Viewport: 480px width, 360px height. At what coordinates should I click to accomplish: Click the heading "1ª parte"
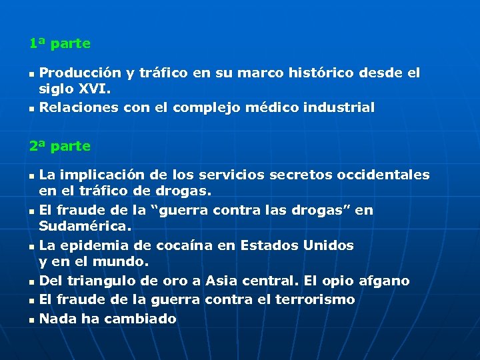click(59, 44)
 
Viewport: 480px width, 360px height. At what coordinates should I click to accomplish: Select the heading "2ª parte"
click(59, 145)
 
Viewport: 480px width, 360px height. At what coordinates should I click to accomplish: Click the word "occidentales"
click(383, 175)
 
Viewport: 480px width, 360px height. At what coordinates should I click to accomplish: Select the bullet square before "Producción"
click(31, 73)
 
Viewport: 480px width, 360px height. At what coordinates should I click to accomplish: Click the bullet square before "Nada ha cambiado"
click(31, 320)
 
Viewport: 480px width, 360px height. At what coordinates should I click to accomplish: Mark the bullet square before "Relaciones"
click(31, 108)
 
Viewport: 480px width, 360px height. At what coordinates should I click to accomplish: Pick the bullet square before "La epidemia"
click(31, 247)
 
